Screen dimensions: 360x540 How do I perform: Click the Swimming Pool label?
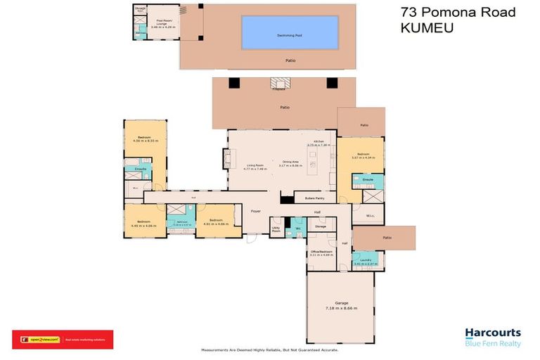click(x=290, y=33)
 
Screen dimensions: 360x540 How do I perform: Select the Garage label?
click(x=341, y=303)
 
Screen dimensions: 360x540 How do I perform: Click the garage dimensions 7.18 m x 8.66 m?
click(x=341, y=309)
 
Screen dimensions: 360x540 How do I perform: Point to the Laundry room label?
click(x=365, y=260)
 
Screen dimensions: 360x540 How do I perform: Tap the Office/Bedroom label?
click(x=321, y=251)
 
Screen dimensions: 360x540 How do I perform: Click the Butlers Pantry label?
click(x=314, y=199)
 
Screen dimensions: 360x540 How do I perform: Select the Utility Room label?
click(x=276, y=229)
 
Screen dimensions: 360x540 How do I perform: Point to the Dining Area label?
click(x=292, y=162)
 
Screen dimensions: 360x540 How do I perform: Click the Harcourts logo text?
click(x=493, y=333)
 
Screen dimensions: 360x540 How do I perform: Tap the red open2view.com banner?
click(x=62, y=340)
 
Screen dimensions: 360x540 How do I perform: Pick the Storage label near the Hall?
click(x=321, y=226)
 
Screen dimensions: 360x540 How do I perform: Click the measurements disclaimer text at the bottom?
click(x=270, y=349)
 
